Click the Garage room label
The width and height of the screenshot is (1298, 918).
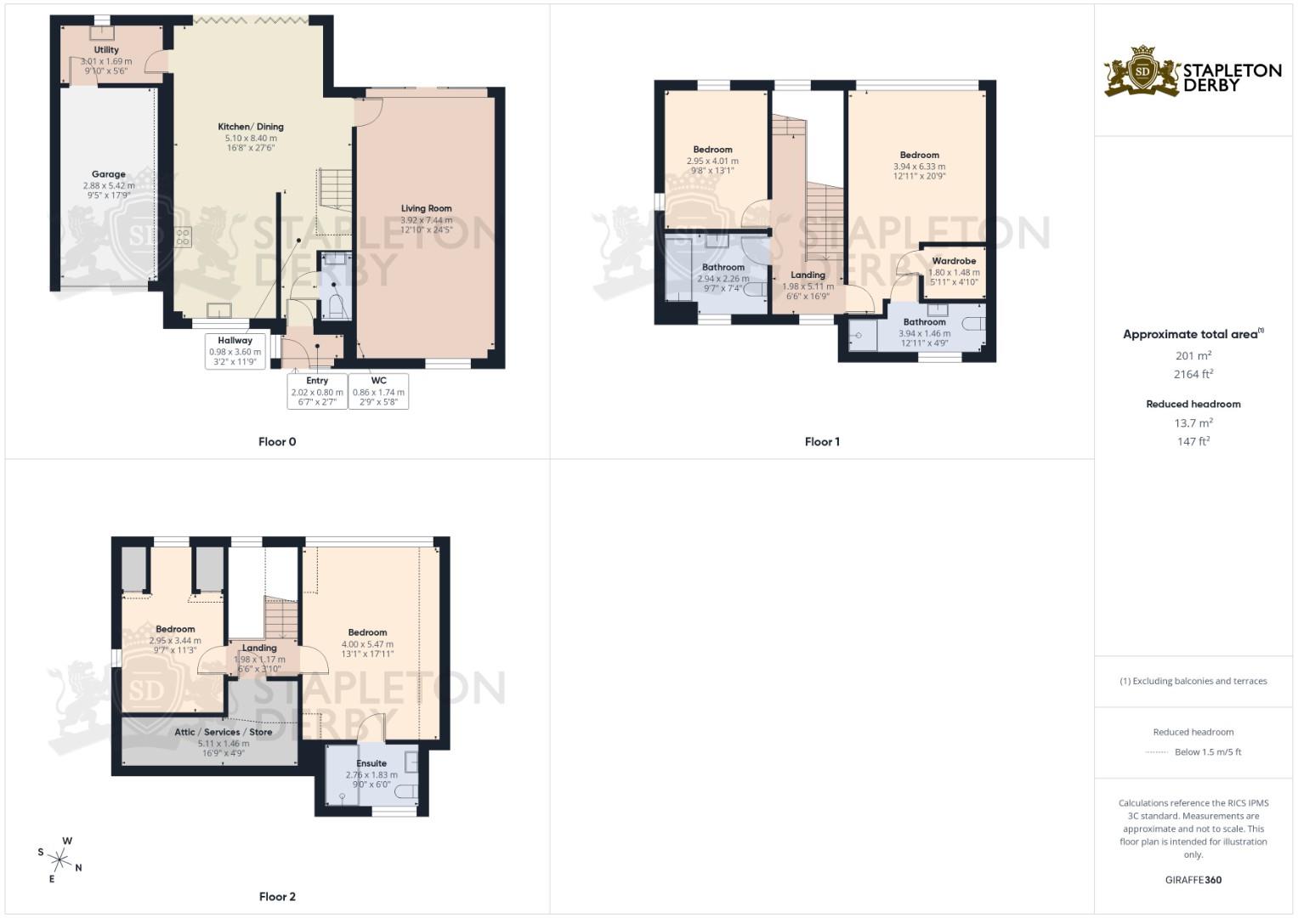(109, 174)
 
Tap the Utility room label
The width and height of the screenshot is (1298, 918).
(106, 50)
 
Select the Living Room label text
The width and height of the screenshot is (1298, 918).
(426, 208)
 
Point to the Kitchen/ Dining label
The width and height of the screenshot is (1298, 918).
(251, 127)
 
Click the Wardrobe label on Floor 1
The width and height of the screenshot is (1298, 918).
(954, 261)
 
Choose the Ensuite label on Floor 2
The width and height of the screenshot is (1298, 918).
(371, 763)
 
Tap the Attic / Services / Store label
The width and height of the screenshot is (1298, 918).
(224, 732)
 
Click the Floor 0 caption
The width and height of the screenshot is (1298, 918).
(277, 442)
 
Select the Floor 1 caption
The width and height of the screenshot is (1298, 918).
(822, 442)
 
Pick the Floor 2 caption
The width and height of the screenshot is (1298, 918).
(277, 897)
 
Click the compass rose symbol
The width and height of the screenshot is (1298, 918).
(60, 859)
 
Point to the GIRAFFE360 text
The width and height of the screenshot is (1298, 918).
(1193, 880)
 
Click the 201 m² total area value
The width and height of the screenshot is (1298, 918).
(1193, 356)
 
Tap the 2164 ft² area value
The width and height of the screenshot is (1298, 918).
(1193, 374)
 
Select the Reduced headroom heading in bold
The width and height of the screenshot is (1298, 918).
(1193, 404)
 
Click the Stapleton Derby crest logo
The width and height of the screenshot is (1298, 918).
(1142, 71)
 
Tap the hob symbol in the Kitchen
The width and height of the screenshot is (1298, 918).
(183, 237)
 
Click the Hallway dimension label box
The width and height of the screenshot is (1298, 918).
(235, 351)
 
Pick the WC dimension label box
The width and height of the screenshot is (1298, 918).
(378, 391)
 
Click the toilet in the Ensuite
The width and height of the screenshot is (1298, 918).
(406, 792)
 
